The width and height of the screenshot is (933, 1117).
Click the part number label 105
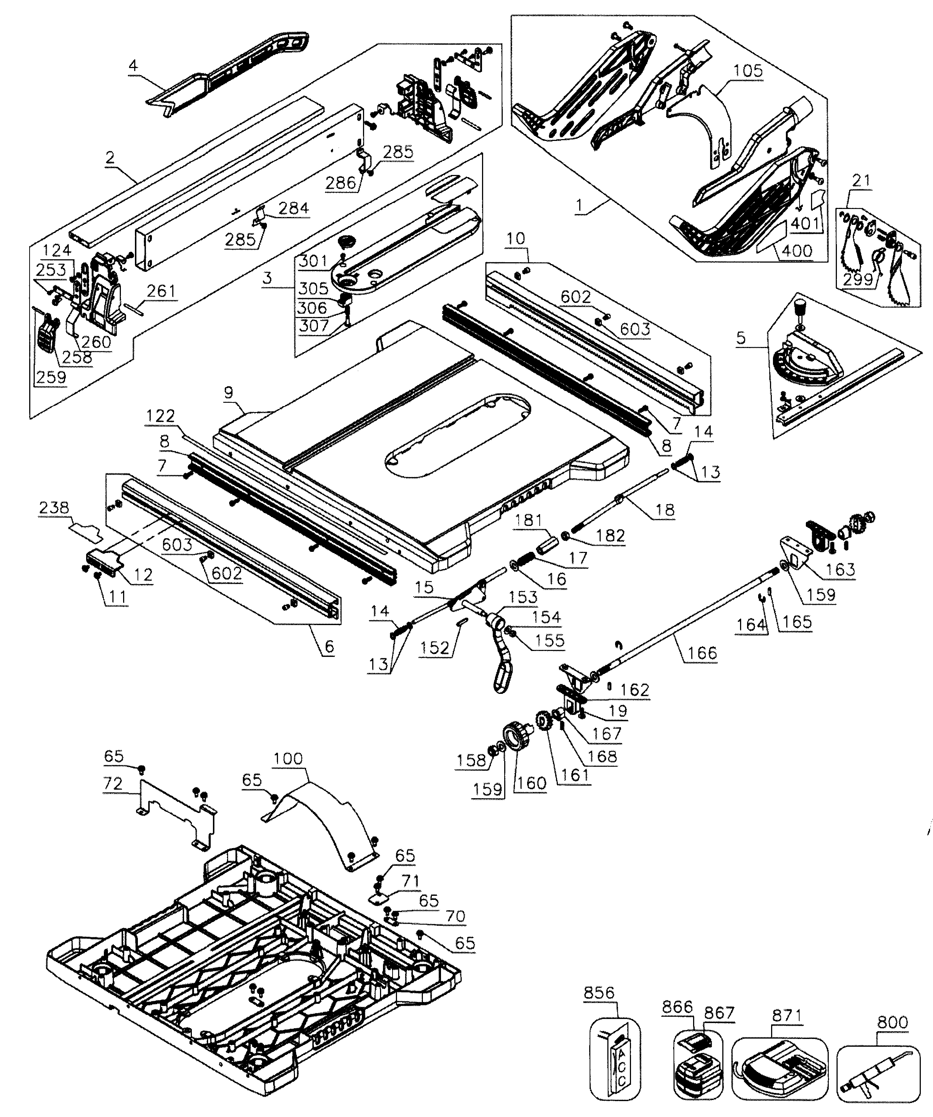(x=748, y=71)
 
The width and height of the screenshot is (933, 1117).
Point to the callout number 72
(x=113, y=783)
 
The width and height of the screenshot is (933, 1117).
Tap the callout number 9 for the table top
(x=228, y=394)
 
